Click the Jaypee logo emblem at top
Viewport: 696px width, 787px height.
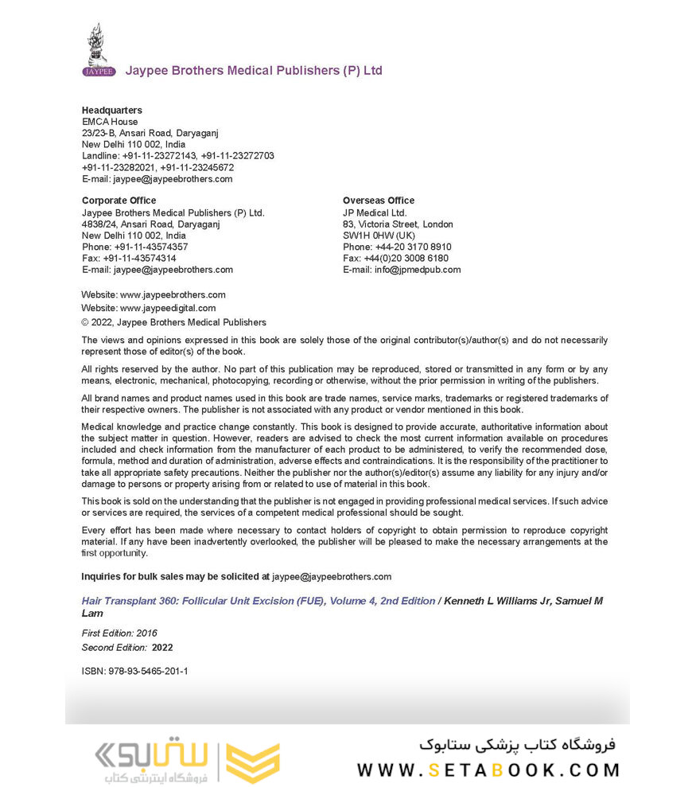pyautogui.click(x=98, y=49)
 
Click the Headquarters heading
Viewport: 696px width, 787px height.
pyautogui.click(x=112, y=111)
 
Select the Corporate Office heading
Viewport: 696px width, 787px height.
pyautogui.click(x=119, y=201)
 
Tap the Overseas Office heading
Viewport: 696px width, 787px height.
pyautogui.click(x=379, y=201)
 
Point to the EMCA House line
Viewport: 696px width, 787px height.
pyautogui.click(x=110, y=122)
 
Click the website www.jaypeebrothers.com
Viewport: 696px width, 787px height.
pyautogui.click(x=173, y=294)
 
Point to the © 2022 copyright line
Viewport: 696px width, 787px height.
pyautogui.click(x=173, y=322)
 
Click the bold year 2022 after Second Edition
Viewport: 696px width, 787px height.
pyautogui.click(x=162, y=648)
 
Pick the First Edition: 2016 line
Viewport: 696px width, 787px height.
pyautogui.click(x=119, y=633)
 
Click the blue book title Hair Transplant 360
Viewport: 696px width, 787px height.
pyautogui.click(x=259, y=602)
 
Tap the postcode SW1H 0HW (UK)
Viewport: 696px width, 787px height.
pyautogui.click(x=379, y=236)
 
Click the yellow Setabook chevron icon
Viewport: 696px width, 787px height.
pyautogui.click(x=253, y=762)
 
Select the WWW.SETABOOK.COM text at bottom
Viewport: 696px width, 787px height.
pyautogui.click(x=488, y=770)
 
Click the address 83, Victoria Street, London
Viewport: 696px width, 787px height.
pyautogui.click(x=398, y=224)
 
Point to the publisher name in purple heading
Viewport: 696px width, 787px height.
pyautogui.click(x=254, y=71)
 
